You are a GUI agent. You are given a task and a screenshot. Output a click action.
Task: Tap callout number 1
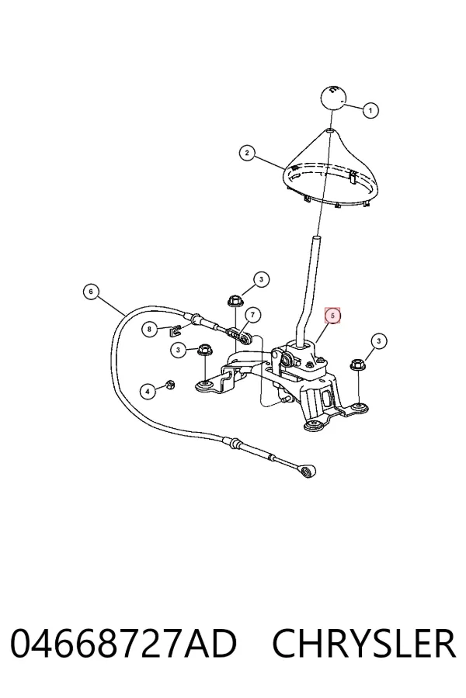[x=370, y=110]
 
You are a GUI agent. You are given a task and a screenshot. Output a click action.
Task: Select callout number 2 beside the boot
[x=247, y=153]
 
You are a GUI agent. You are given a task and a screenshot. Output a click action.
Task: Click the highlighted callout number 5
[x=332, y=315]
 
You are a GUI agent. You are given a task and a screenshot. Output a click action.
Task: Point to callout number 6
[x=91, y=292]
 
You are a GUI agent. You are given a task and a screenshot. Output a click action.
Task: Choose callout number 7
[x=253, y=315]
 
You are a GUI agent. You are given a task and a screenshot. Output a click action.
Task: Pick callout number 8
[x=149, y=330]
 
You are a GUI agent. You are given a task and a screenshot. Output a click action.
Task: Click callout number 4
[x=148, y=392]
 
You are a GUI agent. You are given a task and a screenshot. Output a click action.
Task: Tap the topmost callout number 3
[x=261, y=279]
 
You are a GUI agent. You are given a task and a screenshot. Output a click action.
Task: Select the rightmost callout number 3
[x=378, y=341]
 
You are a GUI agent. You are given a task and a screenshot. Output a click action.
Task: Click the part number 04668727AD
[x=123, y=644]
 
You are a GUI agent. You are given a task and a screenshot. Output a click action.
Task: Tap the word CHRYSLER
[x=364, y=644]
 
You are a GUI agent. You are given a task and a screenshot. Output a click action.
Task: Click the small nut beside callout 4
[x=169, y=385]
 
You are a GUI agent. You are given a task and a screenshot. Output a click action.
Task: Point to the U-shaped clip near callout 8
[x=176, y=330]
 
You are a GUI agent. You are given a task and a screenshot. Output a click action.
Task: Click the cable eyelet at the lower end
[x=308, y=471]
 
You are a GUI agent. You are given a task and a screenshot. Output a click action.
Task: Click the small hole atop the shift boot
[x=329, y=131]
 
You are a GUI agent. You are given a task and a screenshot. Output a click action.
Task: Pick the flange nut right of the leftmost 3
[x=204, y=350]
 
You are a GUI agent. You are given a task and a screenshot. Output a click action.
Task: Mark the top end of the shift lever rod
[x=317, y=238]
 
